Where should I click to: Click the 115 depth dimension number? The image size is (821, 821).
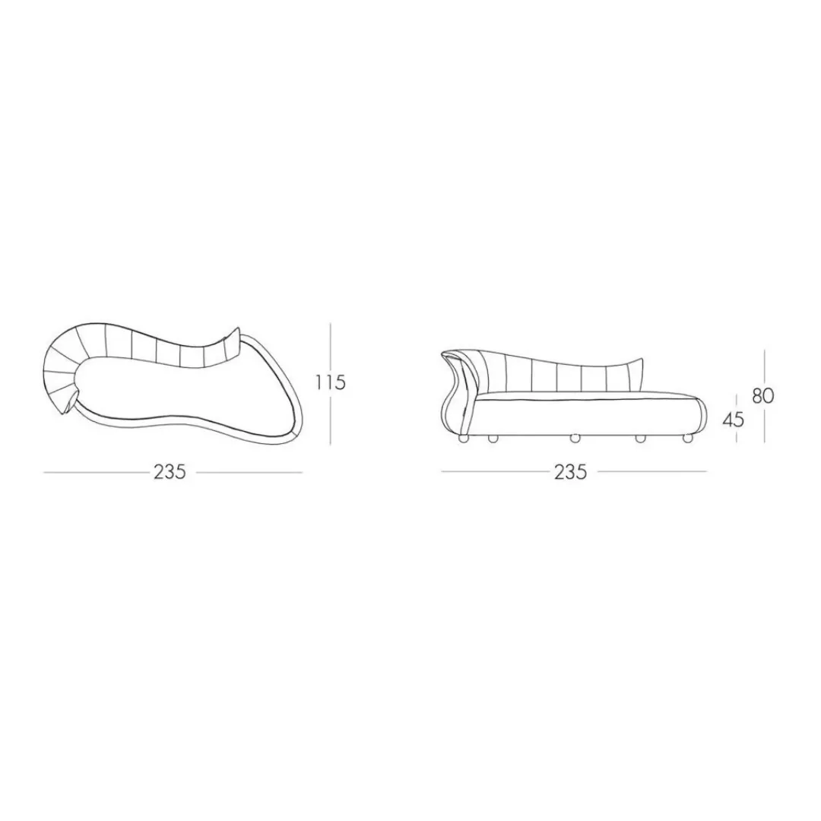[x=331, y=382]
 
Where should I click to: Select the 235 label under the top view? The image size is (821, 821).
[x=170, y=472]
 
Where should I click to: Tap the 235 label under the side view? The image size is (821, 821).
[x=570, y=472]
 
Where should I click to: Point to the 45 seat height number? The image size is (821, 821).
[x=733, y=419]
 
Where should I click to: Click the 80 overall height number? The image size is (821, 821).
[x=763, y=396]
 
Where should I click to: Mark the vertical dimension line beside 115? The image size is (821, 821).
[x=331, y=384]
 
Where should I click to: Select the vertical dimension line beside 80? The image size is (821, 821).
[x=765, y=396]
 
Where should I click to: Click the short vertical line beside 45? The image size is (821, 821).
[x=736, y=418]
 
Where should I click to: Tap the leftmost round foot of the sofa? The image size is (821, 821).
[x=464, y=439]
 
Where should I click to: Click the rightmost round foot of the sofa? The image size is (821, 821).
[x=687, y=439]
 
